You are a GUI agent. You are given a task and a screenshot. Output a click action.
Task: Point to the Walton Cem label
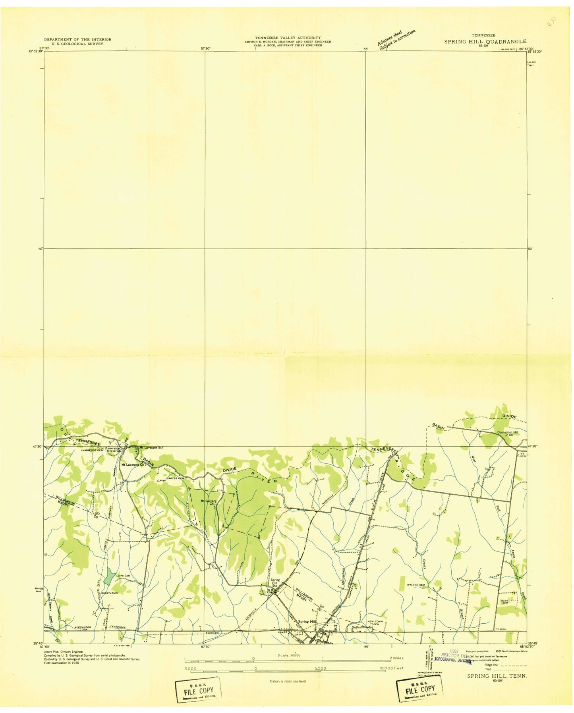point(416,585)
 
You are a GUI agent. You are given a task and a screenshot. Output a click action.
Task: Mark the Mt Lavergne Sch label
point(150,447)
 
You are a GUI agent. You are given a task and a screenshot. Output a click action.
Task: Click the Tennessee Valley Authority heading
point(288,38)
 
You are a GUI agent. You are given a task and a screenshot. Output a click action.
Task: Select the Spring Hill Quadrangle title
point(485,41)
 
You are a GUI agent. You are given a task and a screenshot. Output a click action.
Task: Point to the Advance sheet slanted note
point(396,39)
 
